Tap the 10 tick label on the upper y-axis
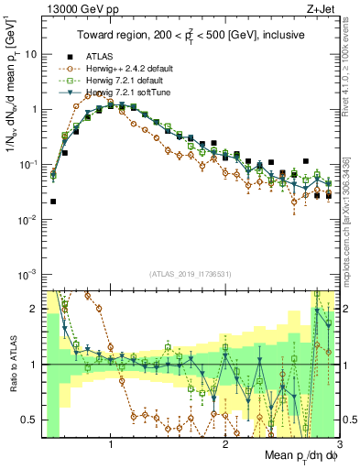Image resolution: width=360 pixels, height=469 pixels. point(28,54)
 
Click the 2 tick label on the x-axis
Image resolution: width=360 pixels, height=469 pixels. point(225,445)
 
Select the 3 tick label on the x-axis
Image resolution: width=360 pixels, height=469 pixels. point(339,445)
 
